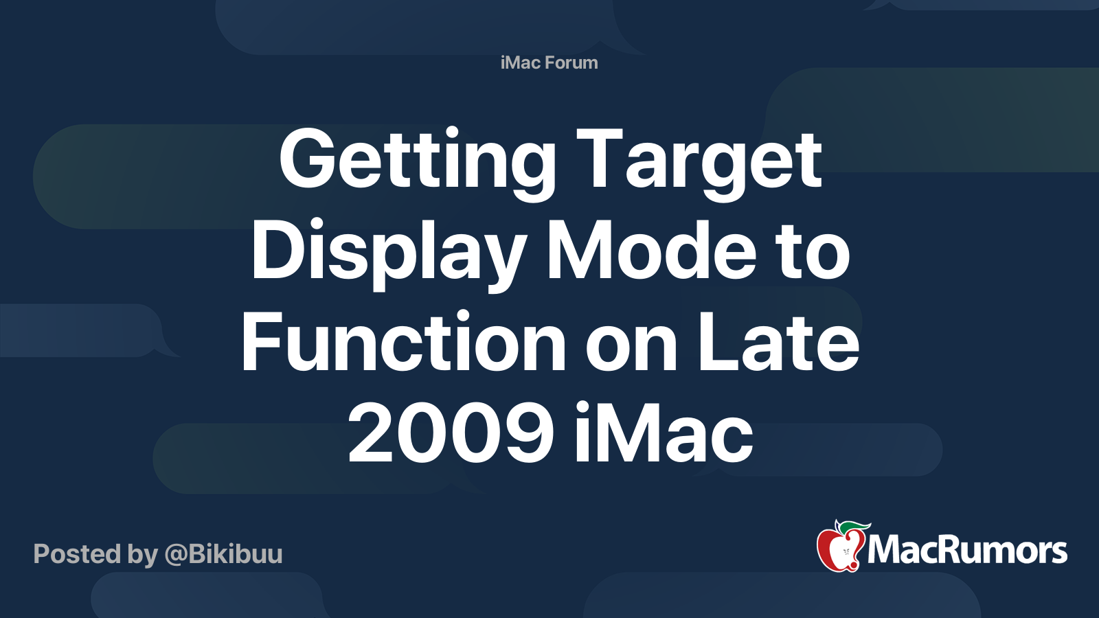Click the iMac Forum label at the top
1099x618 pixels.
pyautogui.click(x=549, y=62)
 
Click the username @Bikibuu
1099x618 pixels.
pyautogui.click(x=223, y=554)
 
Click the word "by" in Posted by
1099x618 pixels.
pyautogui.click(x=143, y=554)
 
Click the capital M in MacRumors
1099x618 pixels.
pyautogui.click(x=885, y=551)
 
